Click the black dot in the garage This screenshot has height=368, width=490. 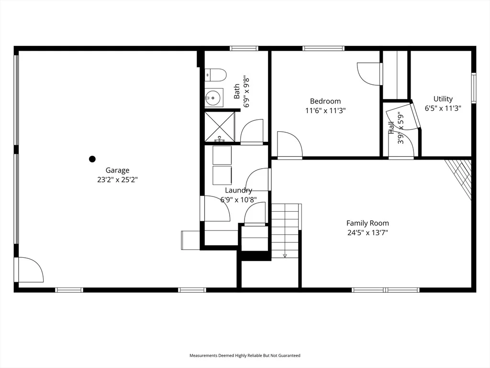point(92,159)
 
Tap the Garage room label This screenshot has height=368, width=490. point(117,170)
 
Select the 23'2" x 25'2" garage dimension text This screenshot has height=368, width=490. point(117,180)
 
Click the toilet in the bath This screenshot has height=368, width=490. point(216,75)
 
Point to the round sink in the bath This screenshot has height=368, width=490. point(214,98)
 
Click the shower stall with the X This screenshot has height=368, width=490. point(219,126)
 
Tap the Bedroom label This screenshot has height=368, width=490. point(325,101)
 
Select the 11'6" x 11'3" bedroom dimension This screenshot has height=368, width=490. point(325,111)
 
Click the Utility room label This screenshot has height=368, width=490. point(443,99)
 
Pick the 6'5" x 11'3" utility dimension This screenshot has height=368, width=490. point(443,108)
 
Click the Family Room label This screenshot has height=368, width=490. point(367,223)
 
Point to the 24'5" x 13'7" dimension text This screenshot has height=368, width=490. point(367,233)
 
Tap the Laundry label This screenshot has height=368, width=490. point(238,190)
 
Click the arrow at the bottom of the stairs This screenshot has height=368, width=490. point(285,256)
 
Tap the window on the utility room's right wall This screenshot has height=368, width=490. point(474,88)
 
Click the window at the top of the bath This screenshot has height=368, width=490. point(244,48)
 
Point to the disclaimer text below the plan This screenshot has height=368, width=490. point(245,356)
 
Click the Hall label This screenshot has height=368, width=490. point(391,128)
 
